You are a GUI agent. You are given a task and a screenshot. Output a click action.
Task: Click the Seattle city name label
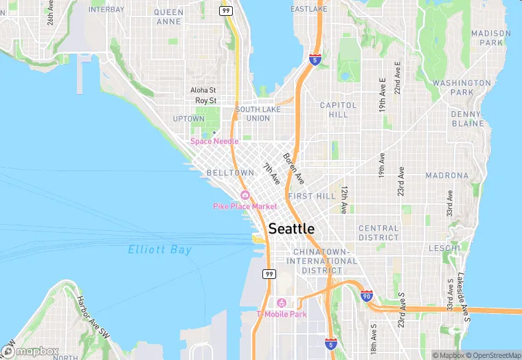pos(291,229)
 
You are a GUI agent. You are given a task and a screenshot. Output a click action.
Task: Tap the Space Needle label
pos(214,142)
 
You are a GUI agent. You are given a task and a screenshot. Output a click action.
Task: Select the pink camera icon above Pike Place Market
pos(245,195)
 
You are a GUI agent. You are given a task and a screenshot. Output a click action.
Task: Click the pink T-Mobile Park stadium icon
pos(280,303)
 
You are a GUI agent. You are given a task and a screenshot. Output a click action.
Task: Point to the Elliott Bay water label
pos(159,250)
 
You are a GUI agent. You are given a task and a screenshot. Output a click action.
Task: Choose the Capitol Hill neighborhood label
pos(339,110)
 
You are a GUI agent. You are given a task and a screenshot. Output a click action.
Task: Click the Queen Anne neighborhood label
pos(169,16)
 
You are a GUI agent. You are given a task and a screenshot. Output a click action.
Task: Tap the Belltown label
pos(226,173)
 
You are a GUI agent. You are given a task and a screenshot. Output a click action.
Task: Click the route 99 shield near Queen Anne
pos(225,10)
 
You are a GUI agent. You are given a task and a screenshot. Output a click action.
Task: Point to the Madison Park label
pos(490,37)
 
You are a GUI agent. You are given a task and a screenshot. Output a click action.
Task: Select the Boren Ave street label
pos(293,167)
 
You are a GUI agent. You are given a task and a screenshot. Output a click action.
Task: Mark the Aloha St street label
pos(203,90)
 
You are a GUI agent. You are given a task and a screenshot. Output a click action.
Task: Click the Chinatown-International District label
pos(326,261)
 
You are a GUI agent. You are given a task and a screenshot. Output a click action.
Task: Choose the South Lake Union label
pos(253,113)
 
